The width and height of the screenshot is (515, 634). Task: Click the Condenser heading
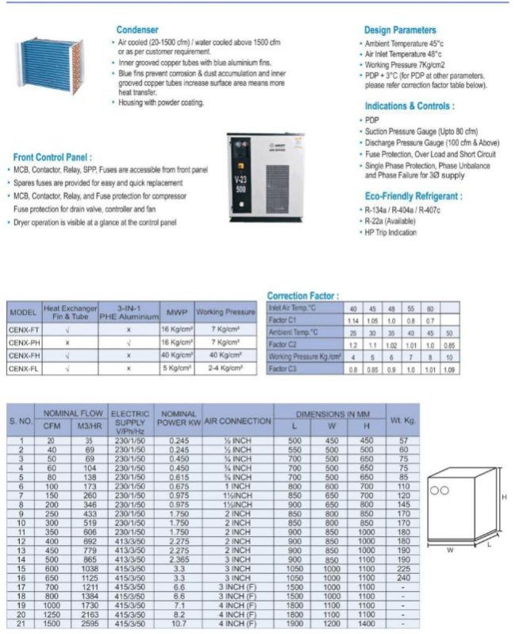pyautogui.click(x=136, y=29)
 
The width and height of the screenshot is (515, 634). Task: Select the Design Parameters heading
pyautogui.click(x=400, y=30)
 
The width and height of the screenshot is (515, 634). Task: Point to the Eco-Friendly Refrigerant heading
pyautogui.click(x=413, y=195)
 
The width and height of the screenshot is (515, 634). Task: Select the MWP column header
pyautogui.click(x=176, y=312)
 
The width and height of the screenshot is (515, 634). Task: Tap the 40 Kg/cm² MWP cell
pyautogui.click(x=176, y=356)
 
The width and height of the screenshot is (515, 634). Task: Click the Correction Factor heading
pyautogui.click(x=303, y=296)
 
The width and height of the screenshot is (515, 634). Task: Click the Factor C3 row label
pyautogui.click(x=282, y=369)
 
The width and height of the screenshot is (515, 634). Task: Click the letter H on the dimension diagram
pyautogui.click(x=503, y=497)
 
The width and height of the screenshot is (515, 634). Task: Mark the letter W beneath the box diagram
pyautogui.click(x=449, y=548)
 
